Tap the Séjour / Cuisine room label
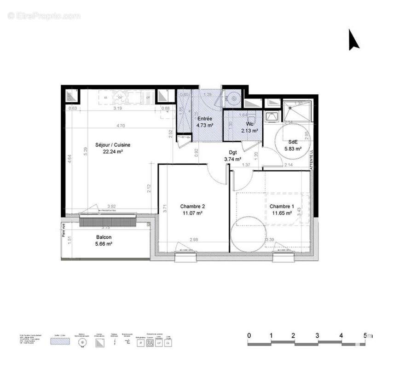click(x=113, y=145)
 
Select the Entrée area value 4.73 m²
click(x=205, y=125)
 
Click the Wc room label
click(x=250, y=124)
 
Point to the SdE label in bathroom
click(x=292, y=142)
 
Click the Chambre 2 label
click(x=192, y=206)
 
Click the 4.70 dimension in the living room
click(x=120, y=125)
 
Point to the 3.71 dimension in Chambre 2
click(x=165, y=208)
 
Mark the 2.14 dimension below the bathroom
click(x=289, y=165)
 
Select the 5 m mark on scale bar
click(x=366, y=335)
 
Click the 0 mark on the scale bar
click(x=249, y=335)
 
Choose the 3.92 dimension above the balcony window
click(x=111, y=206)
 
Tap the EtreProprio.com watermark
click(x=44, y=16)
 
